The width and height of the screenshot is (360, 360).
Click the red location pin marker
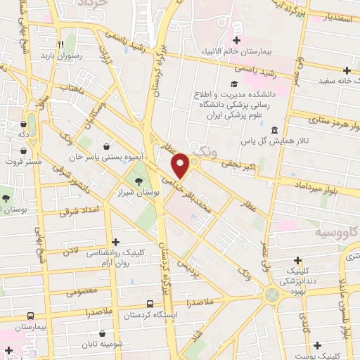pyautogui.click(x=181, y=165)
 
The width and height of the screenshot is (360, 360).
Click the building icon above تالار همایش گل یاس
pyautogui.click(x=274, y=131)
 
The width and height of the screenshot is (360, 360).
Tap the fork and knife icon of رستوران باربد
pyautogui.click(x=62, y=43)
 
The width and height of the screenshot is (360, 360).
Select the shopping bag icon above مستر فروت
pyautogui.click(x=25, y=150)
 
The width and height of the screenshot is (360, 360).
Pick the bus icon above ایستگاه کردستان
pyautogui.click(x=150, y=304)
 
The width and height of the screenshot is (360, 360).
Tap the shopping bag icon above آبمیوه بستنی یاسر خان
pyautogui.click(x=105, y=147)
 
